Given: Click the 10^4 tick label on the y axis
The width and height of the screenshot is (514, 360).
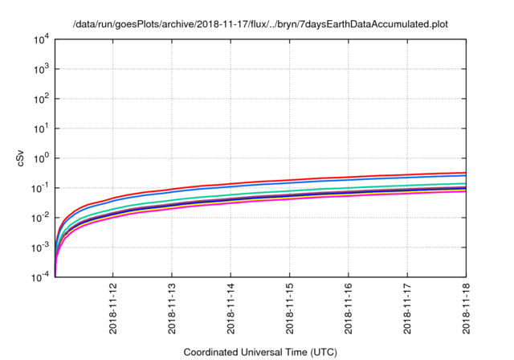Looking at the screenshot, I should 42,39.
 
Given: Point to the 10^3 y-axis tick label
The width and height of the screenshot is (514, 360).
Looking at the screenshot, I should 42,69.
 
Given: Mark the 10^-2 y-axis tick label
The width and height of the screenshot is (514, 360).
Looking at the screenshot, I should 41,218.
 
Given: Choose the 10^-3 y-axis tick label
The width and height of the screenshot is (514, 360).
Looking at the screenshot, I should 41,247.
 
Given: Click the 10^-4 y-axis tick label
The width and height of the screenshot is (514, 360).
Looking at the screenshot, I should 41,277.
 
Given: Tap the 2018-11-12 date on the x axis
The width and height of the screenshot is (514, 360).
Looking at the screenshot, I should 112,309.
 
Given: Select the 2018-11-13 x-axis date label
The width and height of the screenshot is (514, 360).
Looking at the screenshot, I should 171,309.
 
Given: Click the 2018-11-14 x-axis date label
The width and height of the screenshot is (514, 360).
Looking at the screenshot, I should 230,309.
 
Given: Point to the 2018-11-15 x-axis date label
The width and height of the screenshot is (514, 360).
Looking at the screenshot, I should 289,309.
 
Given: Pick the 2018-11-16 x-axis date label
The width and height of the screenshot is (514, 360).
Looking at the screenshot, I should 348,309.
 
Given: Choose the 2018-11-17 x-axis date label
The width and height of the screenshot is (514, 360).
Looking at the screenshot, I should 407,309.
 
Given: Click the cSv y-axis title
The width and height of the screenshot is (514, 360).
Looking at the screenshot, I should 21,158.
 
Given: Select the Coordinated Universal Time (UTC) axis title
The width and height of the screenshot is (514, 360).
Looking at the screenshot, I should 259,352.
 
